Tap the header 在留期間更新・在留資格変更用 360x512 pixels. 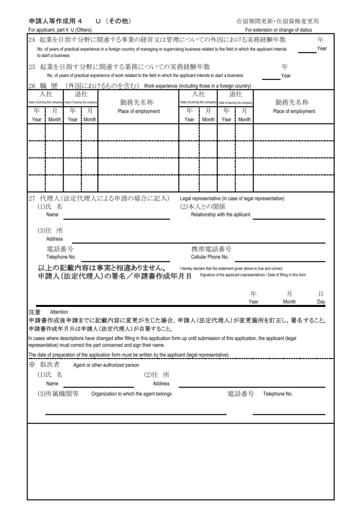coord(277,21)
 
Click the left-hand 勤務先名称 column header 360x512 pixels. coord(138,102)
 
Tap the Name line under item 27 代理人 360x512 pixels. coord(116,218)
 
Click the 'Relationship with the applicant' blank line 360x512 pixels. coord(288,218)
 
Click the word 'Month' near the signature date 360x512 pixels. coord(289,302)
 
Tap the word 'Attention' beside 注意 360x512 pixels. coord(59,311)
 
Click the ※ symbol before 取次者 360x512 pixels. coord(31,364)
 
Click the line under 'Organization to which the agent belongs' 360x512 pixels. coord(135,414)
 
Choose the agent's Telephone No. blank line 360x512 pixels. coord(288,414)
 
